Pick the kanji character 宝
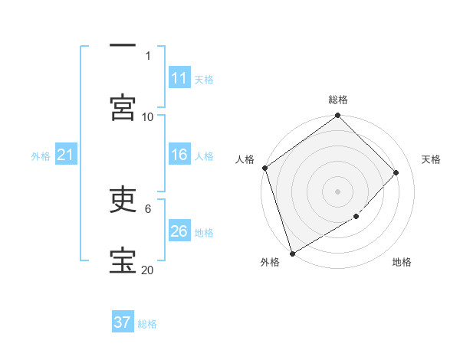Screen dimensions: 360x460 click(123, 260)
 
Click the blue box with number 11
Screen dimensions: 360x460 click(179, 78)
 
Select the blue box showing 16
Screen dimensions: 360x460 click(179, 155)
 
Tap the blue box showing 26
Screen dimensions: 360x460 click(179, 231)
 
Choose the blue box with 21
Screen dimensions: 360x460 click(65, 155)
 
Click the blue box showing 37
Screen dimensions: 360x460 click(123, 322)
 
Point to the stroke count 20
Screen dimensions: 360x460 click(147, 270)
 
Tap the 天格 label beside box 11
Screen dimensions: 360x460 click(204, 79)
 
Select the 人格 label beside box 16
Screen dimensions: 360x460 click(204, 156)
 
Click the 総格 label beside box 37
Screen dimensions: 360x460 click(147, 324)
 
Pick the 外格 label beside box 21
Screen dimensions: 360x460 click(41, 156)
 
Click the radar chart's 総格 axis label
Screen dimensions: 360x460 click(338, 100)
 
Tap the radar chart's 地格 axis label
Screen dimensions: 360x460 click(402, 262)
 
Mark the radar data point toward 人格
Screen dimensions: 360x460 click(264, 168)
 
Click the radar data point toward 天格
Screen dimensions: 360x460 click(396, 172)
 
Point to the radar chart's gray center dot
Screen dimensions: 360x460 click(338, 191)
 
